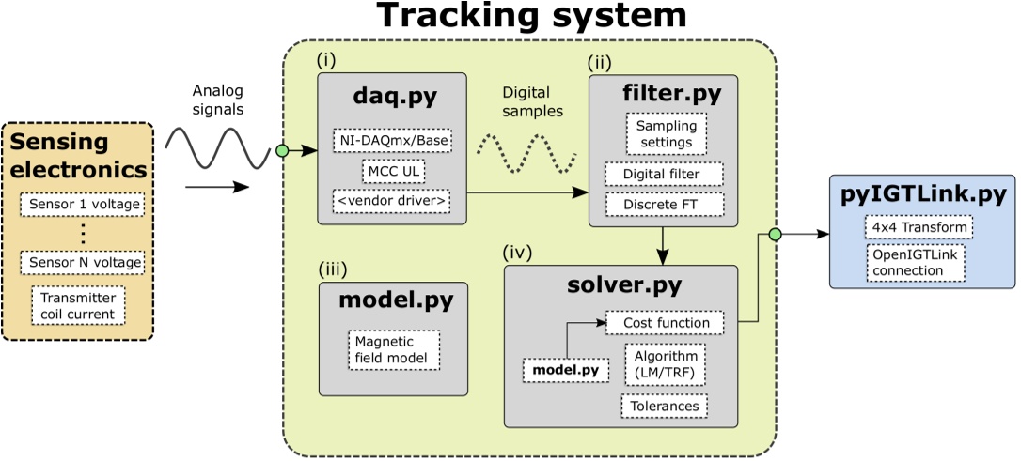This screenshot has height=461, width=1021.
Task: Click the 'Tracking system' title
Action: pos(531,16)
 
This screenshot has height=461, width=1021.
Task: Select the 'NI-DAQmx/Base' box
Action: pos(392,141)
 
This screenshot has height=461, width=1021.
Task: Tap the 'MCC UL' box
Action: pos(392,171)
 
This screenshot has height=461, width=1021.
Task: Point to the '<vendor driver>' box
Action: pos(392,201)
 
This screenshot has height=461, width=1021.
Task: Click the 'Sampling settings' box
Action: pos(665,134)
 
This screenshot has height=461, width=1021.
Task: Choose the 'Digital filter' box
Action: pos(664,175)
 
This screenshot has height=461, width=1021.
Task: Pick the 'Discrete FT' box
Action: pos(664,204)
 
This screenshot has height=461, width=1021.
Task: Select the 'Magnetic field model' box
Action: pos(392,349)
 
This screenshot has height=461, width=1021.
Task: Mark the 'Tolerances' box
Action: pos(664,406)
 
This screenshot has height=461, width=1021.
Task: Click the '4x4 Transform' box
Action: pos(918,227)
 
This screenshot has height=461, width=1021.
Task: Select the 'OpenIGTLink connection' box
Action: pos(918,263)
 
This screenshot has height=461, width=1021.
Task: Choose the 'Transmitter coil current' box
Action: pos(77,306)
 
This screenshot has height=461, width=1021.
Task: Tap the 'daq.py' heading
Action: pos(392,99)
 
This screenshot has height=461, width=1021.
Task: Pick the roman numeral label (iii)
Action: pos(333,269)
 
